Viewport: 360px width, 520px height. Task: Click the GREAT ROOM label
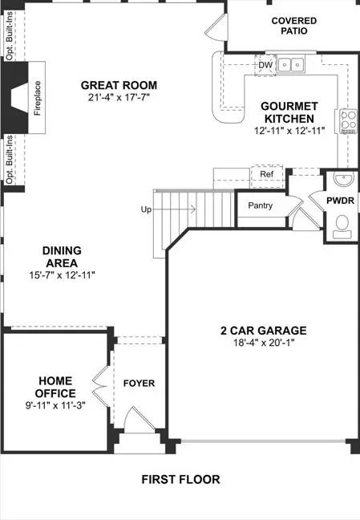119,85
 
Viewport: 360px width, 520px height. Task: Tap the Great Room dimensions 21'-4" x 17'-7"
119,98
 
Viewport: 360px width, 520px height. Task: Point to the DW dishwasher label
265,65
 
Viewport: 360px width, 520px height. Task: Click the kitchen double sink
290,65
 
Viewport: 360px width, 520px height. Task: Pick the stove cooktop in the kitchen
349,121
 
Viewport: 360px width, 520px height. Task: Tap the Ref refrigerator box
266,174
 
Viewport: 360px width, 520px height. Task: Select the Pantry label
260,205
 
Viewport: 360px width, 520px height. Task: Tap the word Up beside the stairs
146,209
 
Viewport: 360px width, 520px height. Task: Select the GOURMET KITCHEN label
289,112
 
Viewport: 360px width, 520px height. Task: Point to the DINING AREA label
62,257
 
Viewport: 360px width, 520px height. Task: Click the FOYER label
138,383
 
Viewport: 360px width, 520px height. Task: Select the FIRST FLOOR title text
180,479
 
